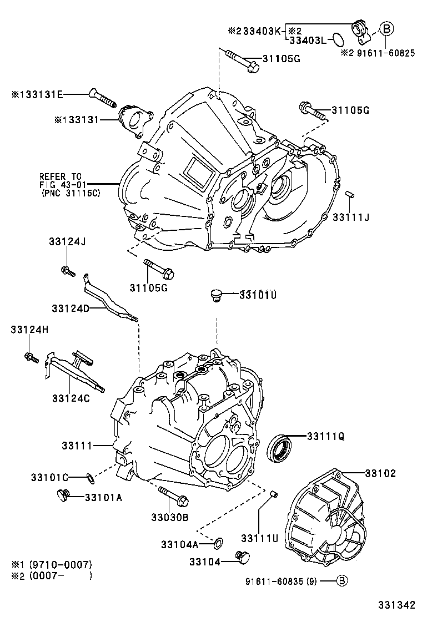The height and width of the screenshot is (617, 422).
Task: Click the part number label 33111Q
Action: coord(325,436)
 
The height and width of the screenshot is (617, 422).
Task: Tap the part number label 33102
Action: coord(380,473)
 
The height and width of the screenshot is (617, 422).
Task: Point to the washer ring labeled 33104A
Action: coord(219,541)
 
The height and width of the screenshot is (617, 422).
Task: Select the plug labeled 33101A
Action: coord(63,495)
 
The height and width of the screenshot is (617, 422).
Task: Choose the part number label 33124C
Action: coord(71,398)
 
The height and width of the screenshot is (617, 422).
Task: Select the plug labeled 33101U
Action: coord(215,295)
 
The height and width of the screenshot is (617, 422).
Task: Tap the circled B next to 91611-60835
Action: coord(343,581)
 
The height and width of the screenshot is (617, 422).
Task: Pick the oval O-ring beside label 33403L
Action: coord(336,39)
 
